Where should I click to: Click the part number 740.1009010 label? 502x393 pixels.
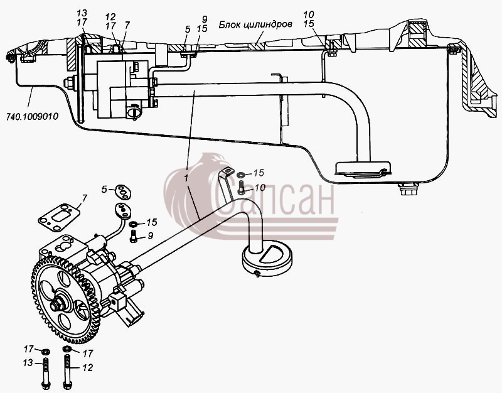[33, 116]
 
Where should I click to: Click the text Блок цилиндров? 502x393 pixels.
[255, 24]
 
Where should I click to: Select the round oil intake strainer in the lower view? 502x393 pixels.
[267, 258]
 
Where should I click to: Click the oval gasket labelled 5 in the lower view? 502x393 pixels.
[123, 191]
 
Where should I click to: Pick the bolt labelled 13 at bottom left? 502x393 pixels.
[45, 373]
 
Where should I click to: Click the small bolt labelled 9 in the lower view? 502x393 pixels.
[134, 235]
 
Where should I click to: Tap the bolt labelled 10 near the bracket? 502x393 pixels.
[241, 187]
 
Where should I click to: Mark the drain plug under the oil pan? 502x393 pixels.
[407, 189]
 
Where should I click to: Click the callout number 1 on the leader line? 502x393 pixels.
[186, 178]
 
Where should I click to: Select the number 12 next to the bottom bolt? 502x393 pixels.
[87, 367]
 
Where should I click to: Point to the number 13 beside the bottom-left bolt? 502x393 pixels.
[28, 363]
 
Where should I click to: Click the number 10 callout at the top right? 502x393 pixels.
[309, 14]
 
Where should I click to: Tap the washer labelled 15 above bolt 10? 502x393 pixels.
[241, 175]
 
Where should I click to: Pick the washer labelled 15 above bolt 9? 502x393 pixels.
[134, 223]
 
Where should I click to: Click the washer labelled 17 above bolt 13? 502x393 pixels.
[46, 352]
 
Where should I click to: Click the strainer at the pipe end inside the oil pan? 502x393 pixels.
[363, 168]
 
